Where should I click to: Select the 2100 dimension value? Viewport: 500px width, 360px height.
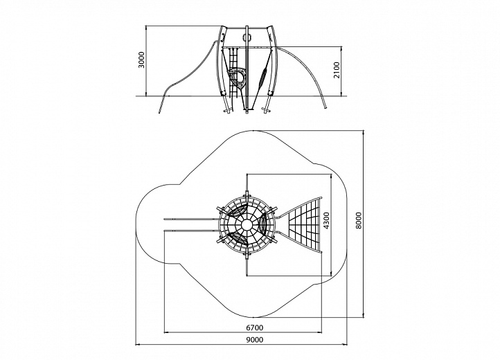click(337, 70)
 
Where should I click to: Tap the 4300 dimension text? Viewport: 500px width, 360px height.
click(327, 221)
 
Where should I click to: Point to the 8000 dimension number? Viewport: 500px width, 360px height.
click(359, 220)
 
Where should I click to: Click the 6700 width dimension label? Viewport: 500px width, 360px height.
click(254, 327)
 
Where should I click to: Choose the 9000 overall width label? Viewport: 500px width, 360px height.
click(255, 340)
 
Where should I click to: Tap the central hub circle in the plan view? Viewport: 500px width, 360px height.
click(247, 225)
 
